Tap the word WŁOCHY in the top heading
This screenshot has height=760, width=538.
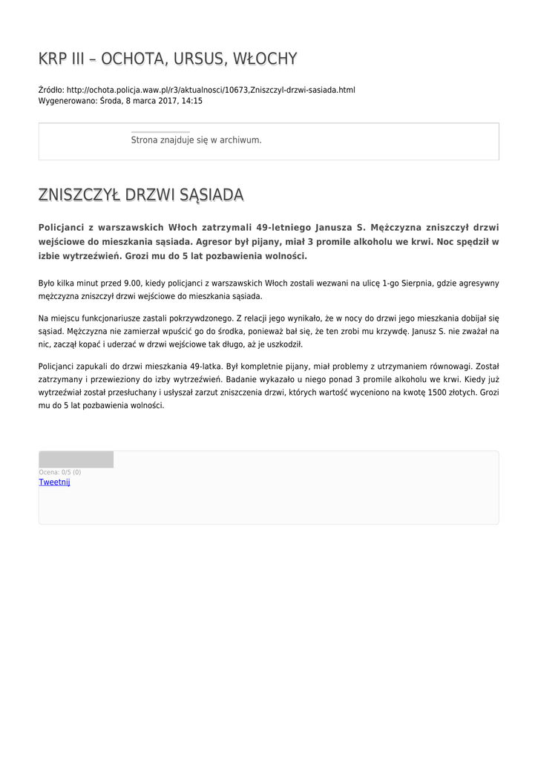click(x=265, y=59)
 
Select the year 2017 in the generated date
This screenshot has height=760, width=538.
click(x=168, y=101)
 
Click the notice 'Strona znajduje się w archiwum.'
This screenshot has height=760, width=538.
click(x=196, y=140)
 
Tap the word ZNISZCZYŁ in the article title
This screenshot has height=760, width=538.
click(x=79, y=195)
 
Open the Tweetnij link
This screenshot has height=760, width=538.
click(x=54, y=482)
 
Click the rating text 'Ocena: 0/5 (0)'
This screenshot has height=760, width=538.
click(x=60, y=472)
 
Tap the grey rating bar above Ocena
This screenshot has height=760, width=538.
click(x=76, y=459)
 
